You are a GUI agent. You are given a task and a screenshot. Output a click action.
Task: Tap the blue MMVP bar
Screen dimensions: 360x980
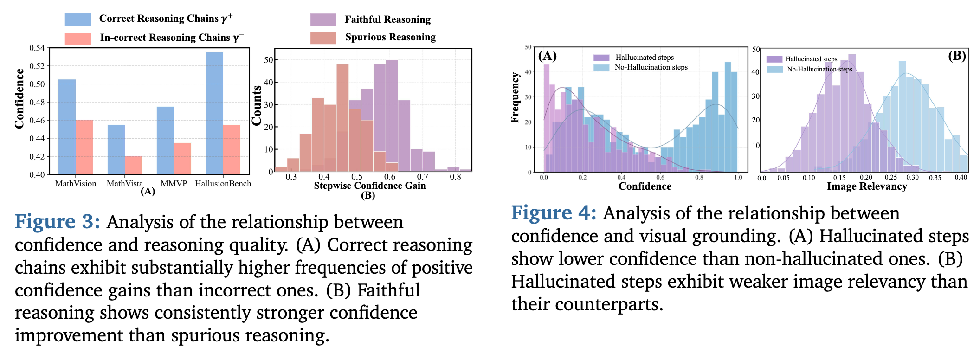click(x=165, y=140)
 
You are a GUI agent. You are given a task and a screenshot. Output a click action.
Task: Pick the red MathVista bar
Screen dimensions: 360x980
click(x=134, y=165)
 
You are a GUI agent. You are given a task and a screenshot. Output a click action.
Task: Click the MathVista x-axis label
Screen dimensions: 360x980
click(x=125, y=184)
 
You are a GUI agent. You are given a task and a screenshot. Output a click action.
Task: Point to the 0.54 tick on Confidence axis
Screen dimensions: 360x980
click(x=37, y=48)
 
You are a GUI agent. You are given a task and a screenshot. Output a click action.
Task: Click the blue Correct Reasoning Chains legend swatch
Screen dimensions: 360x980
click(x=78, y=19)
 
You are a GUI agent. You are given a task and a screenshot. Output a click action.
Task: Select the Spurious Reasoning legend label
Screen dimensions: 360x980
click(x=390, y=38)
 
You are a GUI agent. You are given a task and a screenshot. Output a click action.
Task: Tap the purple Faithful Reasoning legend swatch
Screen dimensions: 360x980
click(x=323, y=19)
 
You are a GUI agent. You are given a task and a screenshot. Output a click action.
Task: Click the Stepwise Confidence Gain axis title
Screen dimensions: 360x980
click(x=369, y=186)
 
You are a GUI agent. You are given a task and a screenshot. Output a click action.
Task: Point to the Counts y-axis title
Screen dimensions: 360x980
click(x=257, y=105)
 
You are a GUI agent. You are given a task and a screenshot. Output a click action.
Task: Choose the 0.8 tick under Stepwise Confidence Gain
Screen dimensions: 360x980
click(x=455, y=177)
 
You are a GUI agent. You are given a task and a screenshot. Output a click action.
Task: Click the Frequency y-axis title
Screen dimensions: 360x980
click(x=515, y=97)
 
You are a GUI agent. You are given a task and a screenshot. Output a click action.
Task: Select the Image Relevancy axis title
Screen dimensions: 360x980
click(x=867, y=186)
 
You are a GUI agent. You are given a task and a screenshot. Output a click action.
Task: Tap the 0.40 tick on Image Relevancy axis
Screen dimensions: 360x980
click(x=961, y=178)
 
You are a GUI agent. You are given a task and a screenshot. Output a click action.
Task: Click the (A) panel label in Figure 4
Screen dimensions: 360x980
click(x=547, y=56)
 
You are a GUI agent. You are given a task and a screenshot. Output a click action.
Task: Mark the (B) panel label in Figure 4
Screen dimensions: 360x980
click(x=957, y=56)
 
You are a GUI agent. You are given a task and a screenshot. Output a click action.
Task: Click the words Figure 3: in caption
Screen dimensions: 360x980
click(x=58, y=222)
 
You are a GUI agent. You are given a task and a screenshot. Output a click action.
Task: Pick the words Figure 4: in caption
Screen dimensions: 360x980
click(x=554, y=213)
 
